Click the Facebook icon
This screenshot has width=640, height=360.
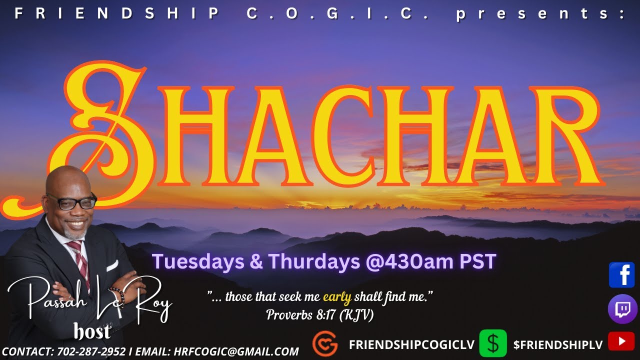[x=621, y=275]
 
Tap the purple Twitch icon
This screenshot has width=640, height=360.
[x=622, y=309]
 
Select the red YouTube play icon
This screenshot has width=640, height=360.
[x=621, y=341]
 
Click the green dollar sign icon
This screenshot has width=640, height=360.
[x=492, y=343]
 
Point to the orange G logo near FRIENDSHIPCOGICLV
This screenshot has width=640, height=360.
[x=324, y=344]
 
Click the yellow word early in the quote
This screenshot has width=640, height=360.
[x=337, y=297]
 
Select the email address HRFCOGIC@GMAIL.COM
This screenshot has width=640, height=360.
[x=236, y=351]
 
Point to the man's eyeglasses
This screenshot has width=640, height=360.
[x=72, y=201]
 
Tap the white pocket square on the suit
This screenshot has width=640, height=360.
[x=112, y=265]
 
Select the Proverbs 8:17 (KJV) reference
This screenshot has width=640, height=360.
[x=320, y=315]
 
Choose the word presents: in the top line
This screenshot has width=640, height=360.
[x=540, y=14]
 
